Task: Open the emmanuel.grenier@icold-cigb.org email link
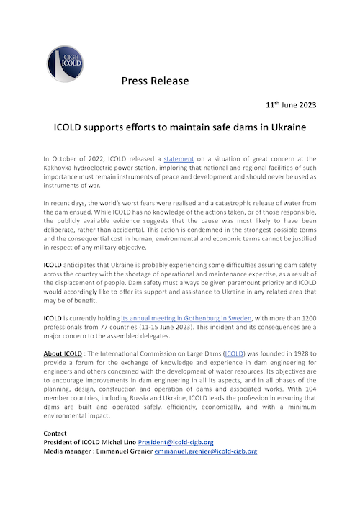[206, 451]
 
